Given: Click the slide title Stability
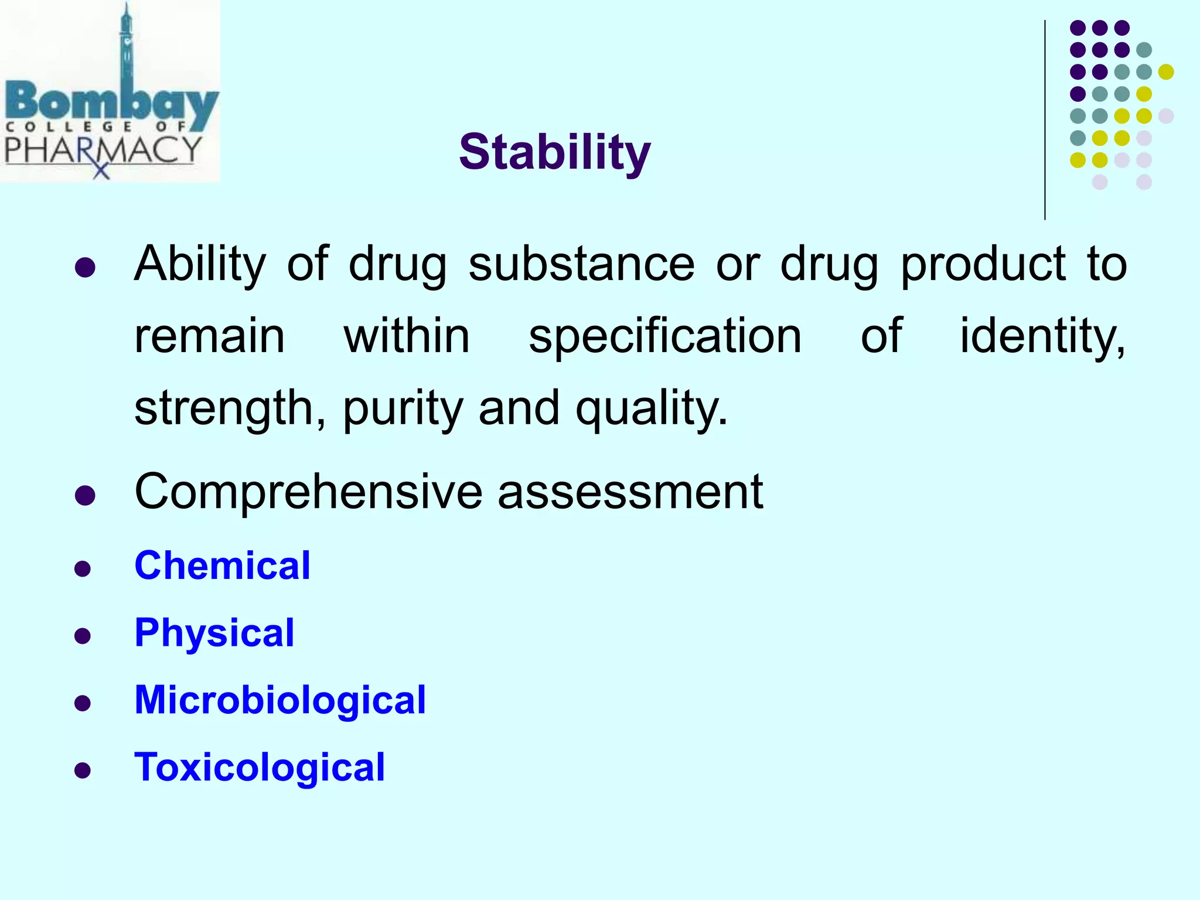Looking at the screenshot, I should (x=554, y=152).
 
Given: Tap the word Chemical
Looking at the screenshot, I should (x=222, y=565).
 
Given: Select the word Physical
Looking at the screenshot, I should (x=214, y=633).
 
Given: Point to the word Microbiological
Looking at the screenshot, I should (x=280, y=700).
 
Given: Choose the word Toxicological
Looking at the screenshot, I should (x=260, y=767).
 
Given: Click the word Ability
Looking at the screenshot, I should (x=200, y=264).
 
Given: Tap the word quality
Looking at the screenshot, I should (x=650, y=408).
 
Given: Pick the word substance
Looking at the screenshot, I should (x=581, y=264).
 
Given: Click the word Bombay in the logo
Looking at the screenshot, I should (x=111, y=105).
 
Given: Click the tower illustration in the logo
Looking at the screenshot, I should (x=126, y=47).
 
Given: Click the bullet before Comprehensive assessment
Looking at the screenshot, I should (x=85, y=496).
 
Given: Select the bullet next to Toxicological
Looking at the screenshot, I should (x=83, y=770).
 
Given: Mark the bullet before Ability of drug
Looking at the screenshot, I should (x=85, y=268).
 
